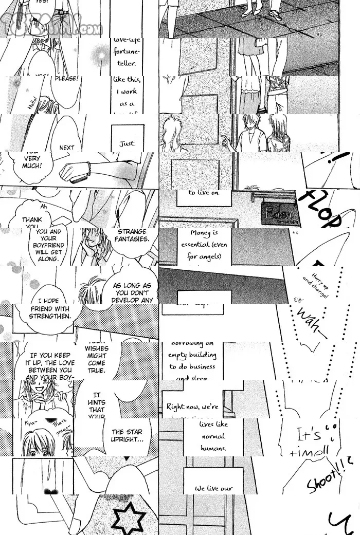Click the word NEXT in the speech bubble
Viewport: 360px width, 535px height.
pyautogui.click(x=67, y=147)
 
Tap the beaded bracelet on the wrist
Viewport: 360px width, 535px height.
pyautogui.click(x=89, y=168)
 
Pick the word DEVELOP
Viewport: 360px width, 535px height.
pyautogui.click(x=132, y=300)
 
